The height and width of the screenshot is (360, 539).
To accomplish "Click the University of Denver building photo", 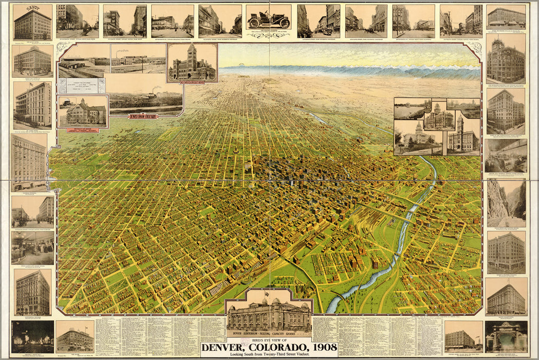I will click(83, 112).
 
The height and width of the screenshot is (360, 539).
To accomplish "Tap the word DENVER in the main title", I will click(227, 347).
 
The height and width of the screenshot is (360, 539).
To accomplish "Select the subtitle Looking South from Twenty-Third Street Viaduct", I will click(269, 355).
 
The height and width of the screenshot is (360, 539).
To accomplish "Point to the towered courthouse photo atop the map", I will click(192, 62).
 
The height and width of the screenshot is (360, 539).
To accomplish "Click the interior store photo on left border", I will click(32, 247).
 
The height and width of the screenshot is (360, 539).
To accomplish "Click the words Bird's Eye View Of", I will click(269, 339).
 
